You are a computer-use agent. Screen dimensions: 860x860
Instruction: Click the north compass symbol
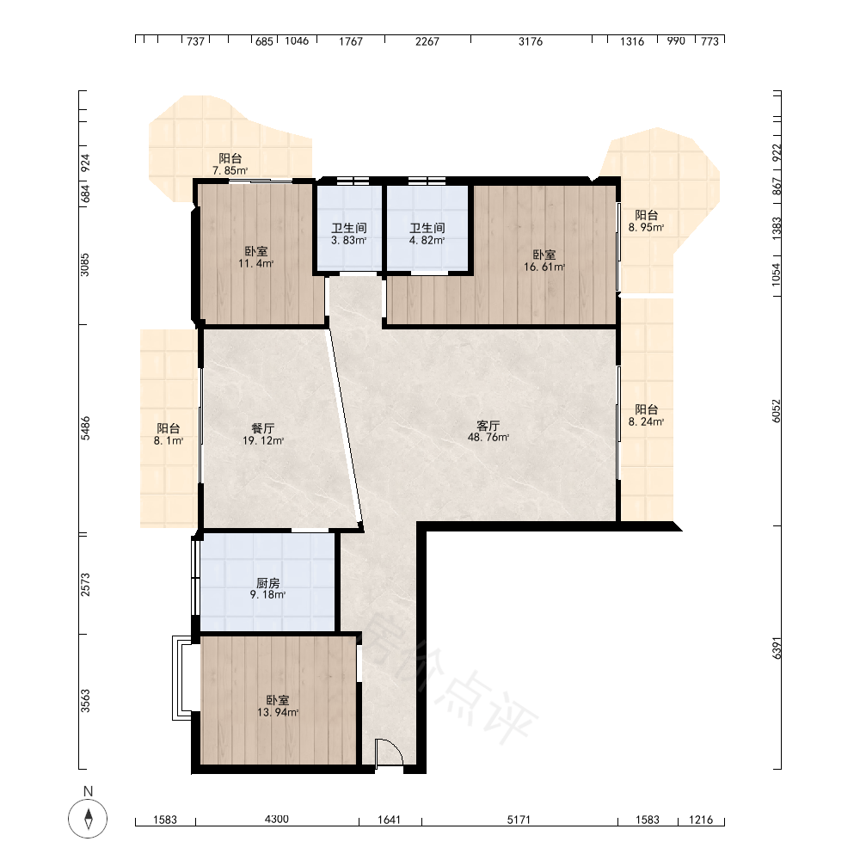(x=88, y=818)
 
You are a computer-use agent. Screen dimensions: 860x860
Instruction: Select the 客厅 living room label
(x=488, y=426)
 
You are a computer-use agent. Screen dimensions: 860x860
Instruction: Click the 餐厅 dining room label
(x=262, y=428)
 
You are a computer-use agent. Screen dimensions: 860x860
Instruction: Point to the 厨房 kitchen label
(x=267, y=583)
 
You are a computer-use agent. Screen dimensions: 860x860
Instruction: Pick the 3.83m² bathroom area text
(x=349, y=240)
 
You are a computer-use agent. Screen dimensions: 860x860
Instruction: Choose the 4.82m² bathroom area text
(x=427, y=240)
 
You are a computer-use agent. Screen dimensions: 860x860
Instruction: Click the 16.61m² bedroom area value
(x=544, y=267)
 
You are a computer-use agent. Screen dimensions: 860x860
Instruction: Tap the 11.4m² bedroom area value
(x=255, y=263)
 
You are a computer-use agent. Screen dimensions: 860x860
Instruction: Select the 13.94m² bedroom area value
(x=278, y=712)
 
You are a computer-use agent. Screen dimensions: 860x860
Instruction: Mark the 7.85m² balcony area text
(x=230, y=170)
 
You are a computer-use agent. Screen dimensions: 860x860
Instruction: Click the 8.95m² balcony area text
(x=646, y=227)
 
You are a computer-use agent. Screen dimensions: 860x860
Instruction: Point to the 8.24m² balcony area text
(x=646, y=421)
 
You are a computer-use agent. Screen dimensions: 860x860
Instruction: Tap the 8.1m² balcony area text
(x=169, y=440)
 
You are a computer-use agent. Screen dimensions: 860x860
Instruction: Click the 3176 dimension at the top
(x=531, y=41)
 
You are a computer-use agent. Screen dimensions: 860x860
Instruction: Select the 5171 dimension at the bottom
(x=519, y=820)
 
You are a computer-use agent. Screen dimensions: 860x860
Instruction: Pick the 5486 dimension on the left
(x=85, y=428)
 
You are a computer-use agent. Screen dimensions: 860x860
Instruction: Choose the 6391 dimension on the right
(x=776, y=648)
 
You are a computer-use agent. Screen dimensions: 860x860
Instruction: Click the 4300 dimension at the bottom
(x=276, y=819)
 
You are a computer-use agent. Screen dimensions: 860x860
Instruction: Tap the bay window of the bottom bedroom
(x=182, y=678)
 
